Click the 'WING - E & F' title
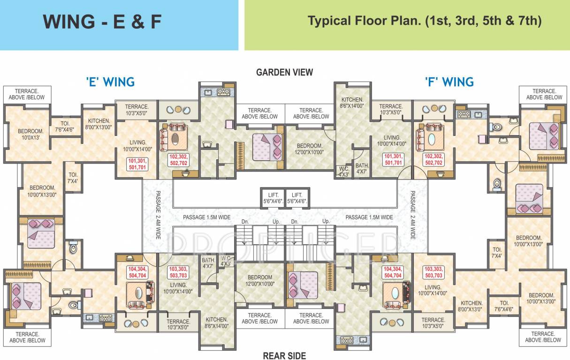[102, 22]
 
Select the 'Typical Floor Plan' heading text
[425, 21]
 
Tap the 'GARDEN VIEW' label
[284, 72]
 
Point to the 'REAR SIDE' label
[284, 355]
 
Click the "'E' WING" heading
[110, 82]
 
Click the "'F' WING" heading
[449, 82]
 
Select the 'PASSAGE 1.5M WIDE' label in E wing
[207, 217]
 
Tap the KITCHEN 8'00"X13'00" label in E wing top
[99, 124]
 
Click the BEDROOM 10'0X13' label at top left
[30, 134]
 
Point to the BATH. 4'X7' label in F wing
[362, 168]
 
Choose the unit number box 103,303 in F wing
[433, 272]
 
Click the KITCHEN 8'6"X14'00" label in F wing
[352, 103]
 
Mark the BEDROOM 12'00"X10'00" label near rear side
[259, 280]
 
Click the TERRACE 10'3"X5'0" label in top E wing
[137, 110]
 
